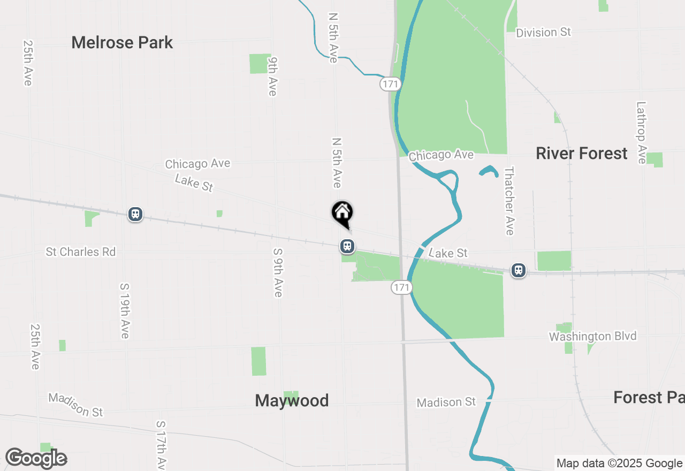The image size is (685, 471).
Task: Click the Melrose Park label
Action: click(x=122, y=43)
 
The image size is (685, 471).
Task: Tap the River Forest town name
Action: click(x=581, y=154)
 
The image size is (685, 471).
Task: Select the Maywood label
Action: click(x=292, y=400)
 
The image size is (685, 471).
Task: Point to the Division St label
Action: click(x=543, y=33)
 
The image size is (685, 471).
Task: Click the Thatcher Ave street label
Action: click(x=509, y=201)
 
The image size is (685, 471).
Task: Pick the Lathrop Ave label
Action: click(x=641, y=133)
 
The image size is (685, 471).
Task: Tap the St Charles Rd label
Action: click(x=81, y=252)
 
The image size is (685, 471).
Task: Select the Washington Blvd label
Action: click(x=593, y=337)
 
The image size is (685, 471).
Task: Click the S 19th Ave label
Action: click(x=125, y=310)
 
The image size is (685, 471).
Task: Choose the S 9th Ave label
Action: click(x=277, y=272)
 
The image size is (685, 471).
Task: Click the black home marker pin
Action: click(x=342, y=214)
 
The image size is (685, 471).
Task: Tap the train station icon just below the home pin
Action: click(x=347, y=246)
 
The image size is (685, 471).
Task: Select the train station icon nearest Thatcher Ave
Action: click(x=518, y=270)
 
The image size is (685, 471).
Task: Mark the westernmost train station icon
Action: click(x=135, y=215)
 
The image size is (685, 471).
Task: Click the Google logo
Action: click(x=36, y=458)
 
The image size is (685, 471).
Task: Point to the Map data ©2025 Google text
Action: click(x=619, y=464)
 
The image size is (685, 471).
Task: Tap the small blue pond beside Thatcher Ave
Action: click(x=489, y=171)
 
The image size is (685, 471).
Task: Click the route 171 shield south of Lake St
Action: click(x=401, y=287)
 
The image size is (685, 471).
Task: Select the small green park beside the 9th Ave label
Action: click(x=260, y=64)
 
